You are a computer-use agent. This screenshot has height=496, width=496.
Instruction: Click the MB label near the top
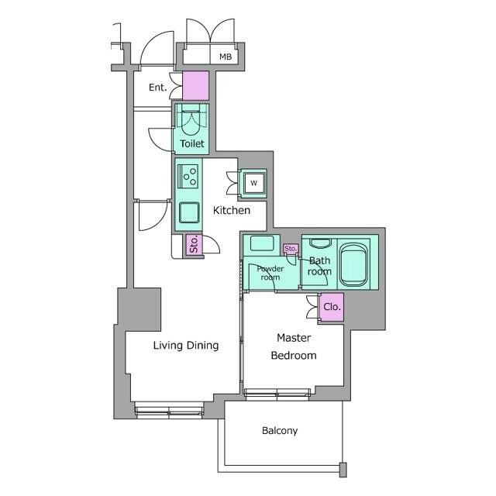point(226,57)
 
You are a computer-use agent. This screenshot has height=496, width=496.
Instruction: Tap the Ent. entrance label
point(157,87)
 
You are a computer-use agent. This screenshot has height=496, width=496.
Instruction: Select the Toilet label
point(192,143)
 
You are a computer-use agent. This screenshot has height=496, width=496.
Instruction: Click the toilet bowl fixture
point(191,122)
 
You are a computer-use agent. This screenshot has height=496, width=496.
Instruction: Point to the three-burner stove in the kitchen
point(188,177)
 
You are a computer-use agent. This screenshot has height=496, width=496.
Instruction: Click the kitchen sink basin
point(189,212)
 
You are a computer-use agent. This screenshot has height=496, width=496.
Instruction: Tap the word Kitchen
point(232,210)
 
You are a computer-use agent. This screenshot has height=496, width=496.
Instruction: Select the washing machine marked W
point(253,183)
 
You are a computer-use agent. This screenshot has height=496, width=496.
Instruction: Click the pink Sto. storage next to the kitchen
point(194,245)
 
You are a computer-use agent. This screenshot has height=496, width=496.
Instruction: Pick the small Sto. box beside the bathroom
point(291,249)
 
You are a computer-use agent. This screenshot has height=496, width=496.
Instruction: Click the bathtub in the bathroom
point(354,264)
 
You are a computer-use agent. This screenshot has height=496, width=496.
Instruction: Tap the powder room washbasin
point(262,243)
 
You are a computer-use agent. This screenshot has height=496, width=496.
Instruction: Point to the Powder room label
point(270,273)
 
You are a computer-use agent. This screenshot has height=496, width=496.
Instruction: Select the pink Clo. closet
point(332,307)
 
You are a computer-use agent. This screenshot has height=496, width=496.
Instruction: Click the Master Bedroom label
point(294,346)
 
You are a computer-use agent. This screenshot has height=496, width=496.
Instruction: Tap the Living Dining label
point(186,346)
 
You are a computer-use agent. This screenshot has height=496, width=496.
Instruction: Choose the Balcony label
point(280,431)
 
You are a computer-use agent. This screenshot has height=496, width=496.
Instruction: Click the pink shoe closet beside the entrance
point(196,86)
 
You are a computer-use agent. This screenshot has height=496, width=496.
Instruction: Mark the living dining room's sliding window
point(169,411)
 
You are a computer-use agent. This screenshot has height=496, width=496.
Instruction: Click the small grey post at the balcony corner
point(343,470)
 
